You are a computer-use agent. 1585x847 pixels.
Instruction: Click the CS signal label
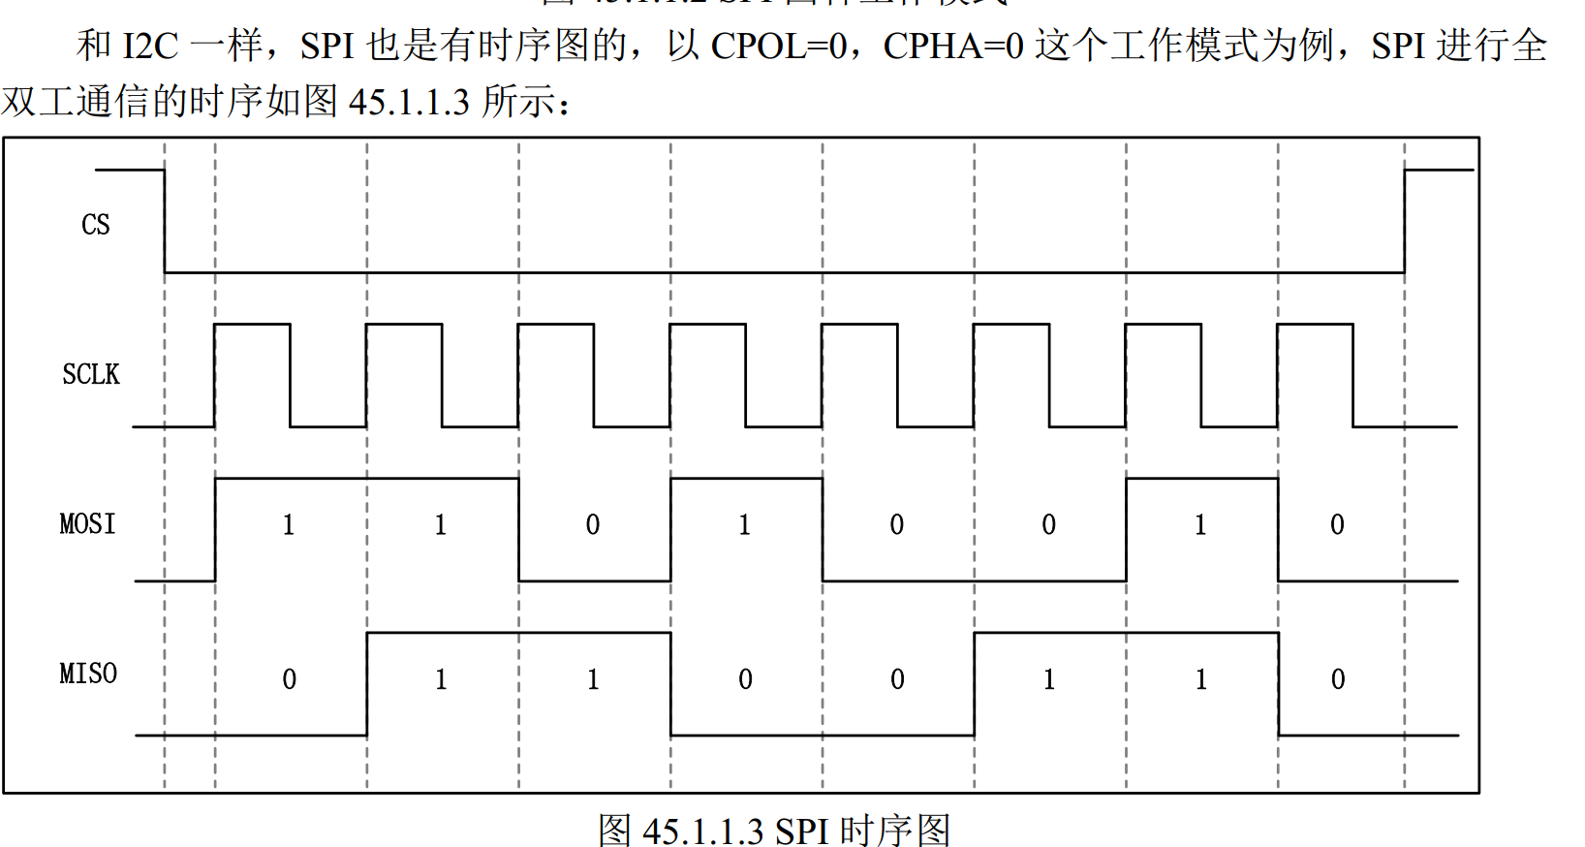[x=95, y=225]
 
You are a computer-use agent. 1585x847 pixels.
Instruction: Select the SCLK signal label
[x=91, y=374]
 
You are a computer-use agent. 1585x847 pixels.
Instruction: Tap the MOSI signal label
[x=87, y=524]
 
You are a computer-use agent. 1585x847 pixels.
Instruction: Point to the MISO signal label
[x=88, y=674]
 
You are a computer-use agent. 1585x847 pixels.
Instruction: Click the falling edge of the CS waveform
[x=165, y=221]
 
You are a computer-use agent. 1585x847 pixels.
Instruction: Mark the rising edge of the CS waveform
[x=1405, y=221]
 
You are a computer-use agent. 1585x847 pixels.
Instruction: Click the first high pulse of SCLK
[x=252, y=326]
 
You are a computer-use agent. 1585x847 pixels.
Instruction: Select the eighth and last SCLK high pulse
[x=1315, y=326]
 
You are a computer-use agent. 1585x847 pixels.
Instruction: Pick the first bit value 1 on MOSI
[x=289, y=525]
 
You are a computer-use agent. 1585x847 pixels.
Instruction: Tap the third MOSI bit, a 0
[x=593, y=525]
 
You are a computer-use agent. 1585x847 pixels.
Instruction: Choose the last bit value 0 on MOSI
[x=1337, y=525]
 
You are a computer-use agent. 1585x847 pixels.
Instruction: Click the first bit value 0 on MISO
[x=289, y=679]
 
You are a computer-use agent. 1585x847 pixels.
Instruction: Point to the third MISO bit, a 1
[x=593, y=679]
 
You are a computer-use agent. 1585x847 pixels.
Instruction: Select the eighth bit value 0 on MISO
[x=1337, y=679]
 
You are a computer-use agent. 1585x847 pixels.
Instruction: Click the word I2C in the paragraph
[x=151, y=46]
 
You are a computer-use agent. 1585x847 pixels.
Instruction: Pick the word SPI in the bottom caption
[x=801, y=831]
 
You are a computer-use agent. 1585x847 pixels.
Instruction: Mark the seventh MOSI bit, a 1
[x=1200, y=525]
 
